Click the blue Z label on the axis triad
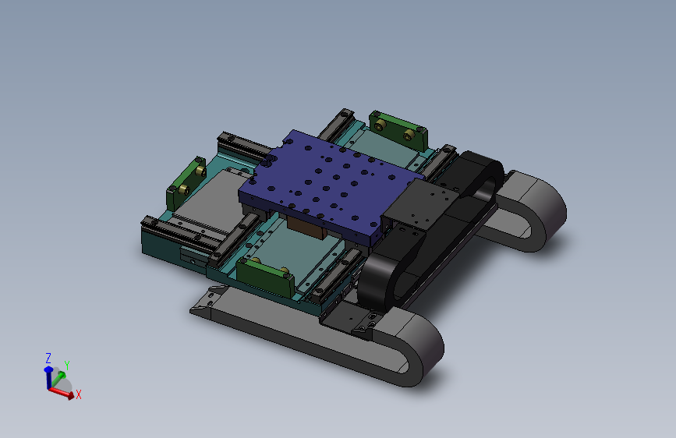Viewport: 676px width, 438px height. pos(48,359)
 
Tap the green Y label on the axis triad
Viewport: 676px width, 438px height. pos(67,366)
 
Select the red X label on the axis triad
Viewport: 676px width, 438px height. pos(79,394)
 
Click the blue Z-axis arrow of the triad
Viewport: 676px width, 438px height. pos(48,378)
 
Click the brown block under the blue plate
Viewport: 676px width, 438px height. pos(306,228)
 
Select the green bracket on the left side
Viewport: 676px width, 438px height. pos(186,183)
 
